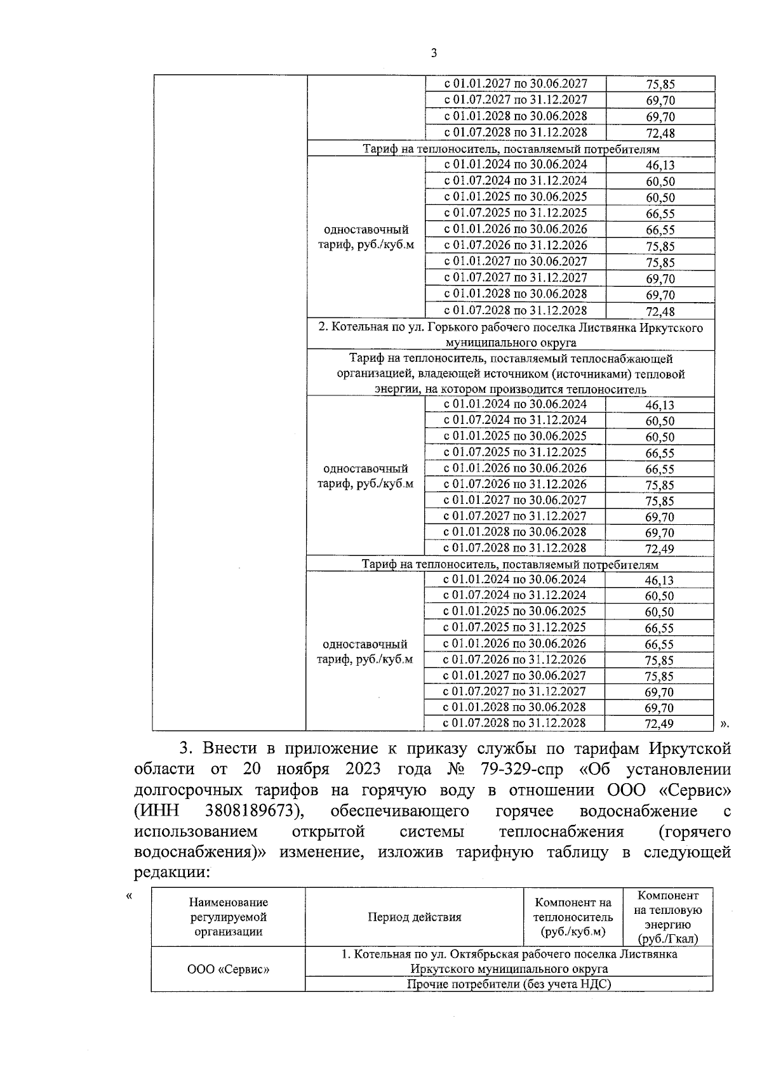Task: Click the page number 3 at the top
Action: point(434,53)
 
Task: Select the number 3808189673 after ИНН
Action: point(252,811)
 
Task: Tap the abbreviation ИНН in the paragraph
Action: point(156,811)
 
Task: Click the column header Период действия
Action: point(414,917)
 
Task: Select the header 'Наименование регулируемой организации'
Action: point(228,917)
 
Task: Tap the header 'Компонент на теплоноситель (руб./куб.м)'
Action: point(573,917)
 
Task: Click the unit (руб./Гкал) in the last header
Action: point(668,939)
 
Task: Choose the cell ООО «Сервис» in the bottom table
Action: point(228,969)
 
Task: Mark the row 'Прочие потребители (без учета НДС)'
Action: point(509,984)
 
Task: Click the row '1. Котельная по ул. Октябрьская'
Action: point(509,961)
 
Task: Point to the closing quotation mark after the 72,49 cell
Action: point(725,724)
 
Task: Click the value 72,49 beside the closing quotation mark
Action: point(659,724)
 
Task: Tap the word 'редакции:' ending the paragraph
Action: point(171,873)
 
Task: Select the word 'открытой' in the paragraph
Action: point(328,831)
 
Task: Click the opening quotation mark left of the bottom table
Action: point(130,896)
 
